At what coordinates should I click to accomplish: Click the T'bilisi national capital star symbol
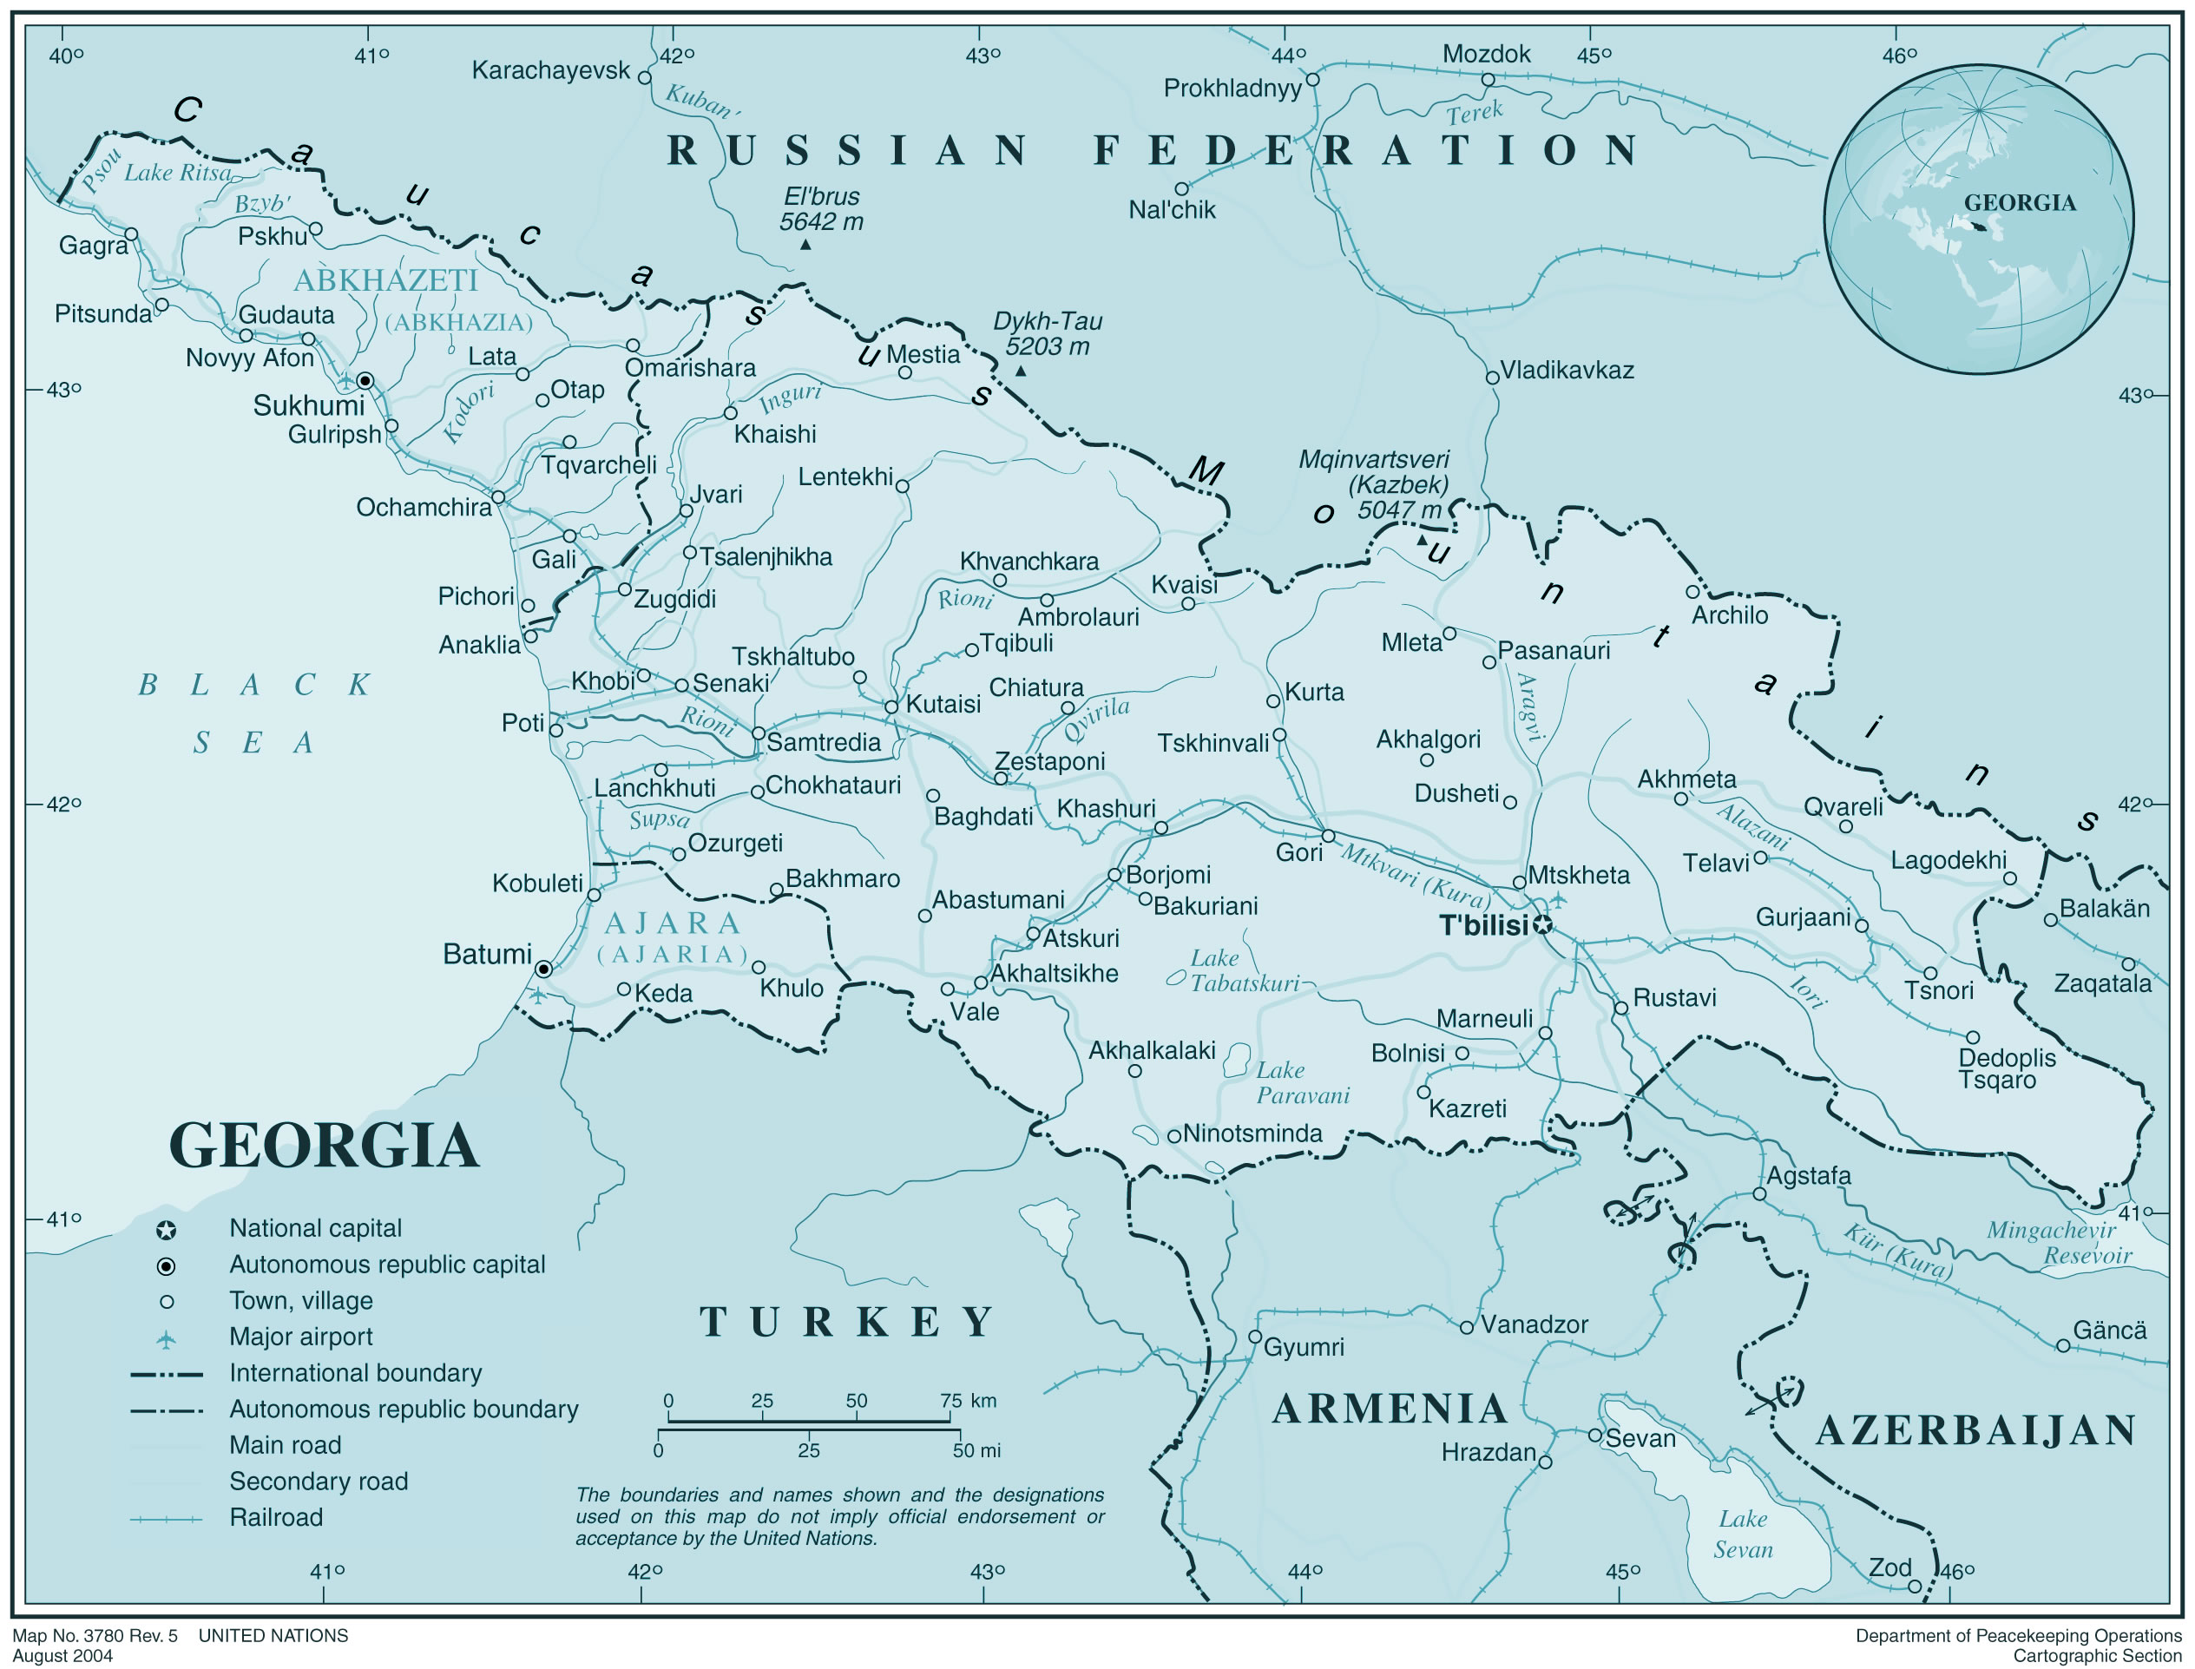(1541, 926)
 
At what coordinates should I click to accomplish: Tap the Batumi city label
(487, 955)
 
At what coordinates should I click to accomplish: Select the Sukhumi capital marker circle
(365, 380)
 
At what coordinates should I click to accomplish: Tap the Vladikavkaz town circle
(1492, 378)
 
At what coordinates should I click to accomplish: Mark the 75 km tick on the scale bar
(950, 1401)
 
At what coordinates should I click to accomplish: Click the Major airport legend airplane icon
(167, 1339)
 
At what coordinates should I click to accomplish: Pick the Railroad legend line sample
(166, 1519)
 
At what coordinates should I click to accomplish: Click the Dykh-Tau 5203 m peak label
(1047, 334)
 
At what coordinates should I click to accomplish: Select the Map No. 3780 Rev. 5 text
(95, 1635)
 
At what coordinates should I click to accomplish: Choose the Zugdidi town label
(674, 599)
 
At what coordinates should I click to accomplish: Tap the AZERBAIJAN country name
(1975, 1430)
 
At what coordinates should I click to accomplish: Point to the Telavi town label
(1715, 863)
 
